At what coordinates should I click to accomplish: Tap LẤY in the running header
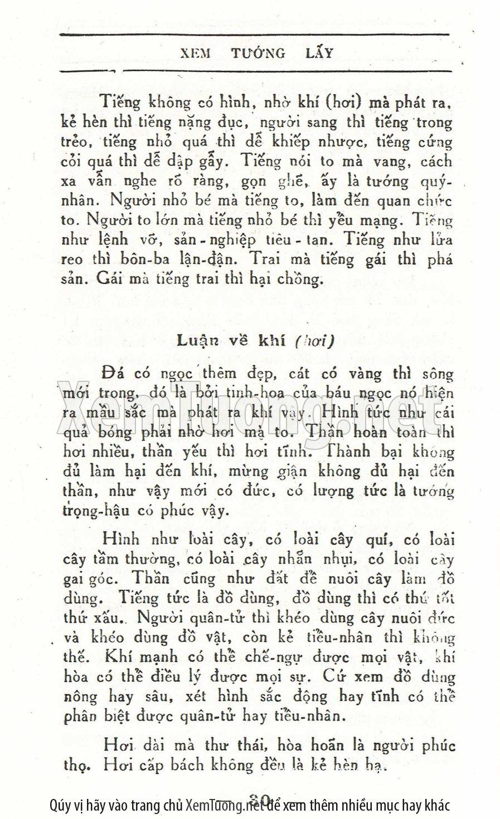tap(319, 54)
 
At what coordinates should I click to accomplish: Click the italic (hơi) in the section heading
tap(313, 341)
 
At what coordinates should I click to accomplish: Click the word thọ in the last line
tap(75, 766)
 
